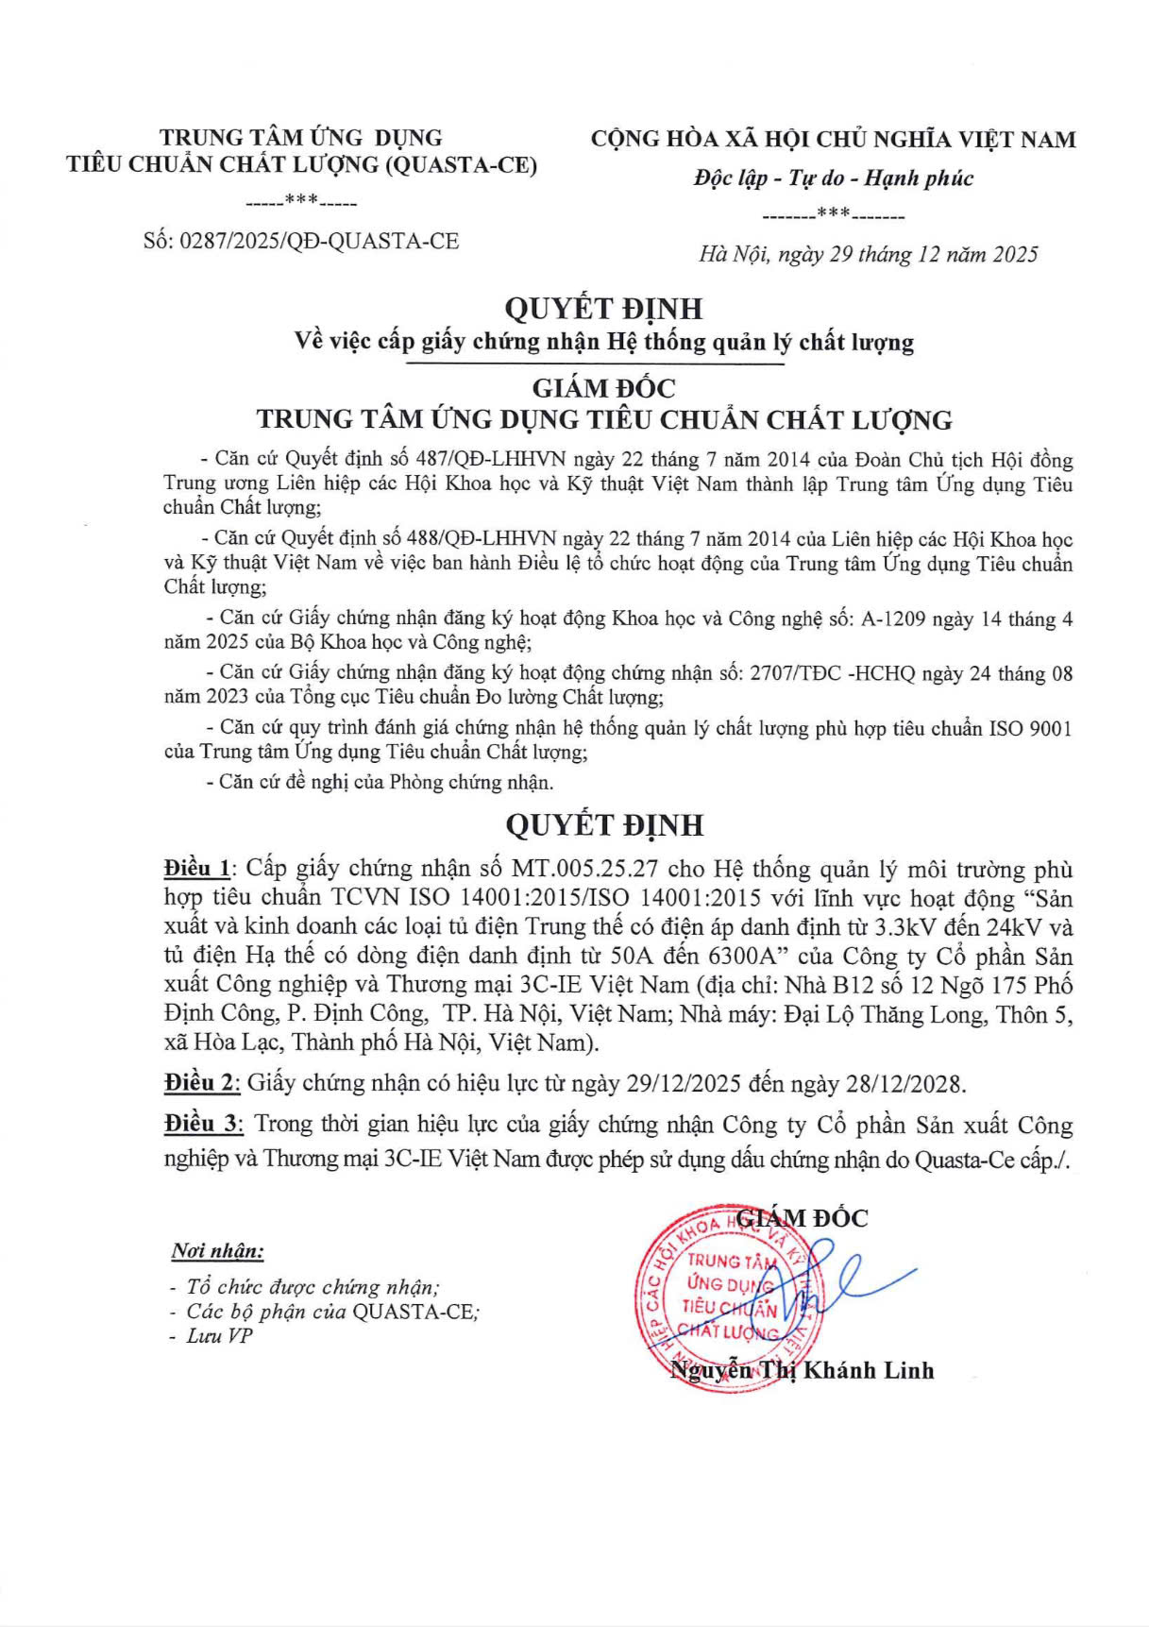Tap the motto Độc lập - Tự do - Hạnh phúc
[833, 178]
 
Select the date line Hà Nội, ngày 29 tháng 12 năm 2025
[868, 254]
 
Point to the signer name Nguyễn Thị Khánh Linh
[802, 1370]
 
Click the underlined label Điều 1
[196, 869]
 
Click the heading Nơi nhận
[217, 1251]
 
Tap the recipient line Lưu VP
[219, 1336]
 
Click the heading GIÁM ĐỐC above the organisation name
[604, 388]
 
